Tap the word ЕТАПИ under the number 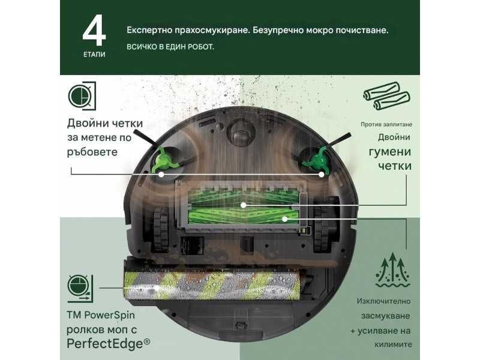click(94, 53)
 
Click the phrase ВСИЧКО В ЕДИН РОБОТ click(170, 46)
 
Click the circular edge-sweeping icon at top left click(81, 97)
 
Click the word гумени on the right click(390, 150)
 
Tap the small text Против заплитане click(386, 124)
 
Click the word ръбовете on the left click(92, 152)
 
